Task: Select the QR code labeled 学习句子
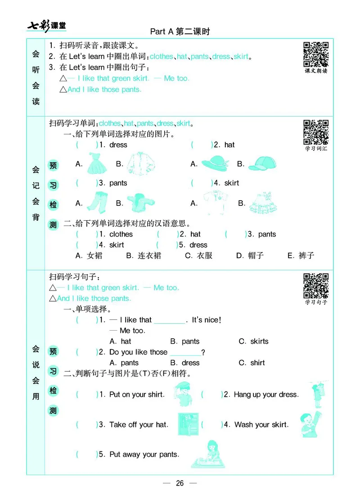click(316, 285)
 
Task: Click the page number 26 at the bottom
click(180, 483)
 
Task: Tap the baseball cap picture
click(261, 163)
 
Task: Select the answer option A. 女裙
click(89, 255)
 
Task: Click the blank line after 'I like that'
click(169, 321)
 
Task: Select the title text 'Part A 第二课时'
click(180, 32)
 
